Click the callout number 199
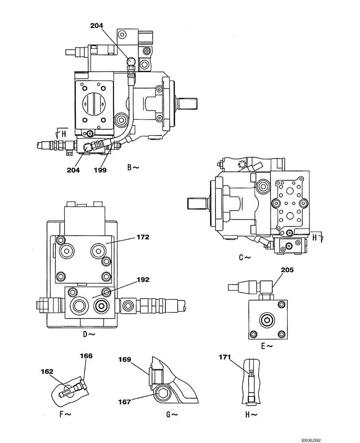pyautogui.click(x=100, y=170)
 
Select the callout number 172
pyautogui.click(x=143, y=237)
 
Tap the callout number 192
pyautogui.click(x=143, y=280)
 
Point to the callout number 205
pyautogui.click(x=287, y=269)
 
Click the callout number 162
pyautogui.click(x=47, y=372)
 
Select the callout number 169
pyautogui.click(x=125, y=360)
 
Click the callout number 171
pyautogui.click(x=226, y=357)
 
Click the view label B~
pyautogui.click(x=133, y=167)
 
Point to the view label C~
pyautogui.click(x=244, y=257)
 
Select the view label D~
pyautogui.click(x=89, y=334)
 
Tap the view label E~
pyautogui.click(x=266, y=346)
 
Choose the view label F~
pyautogui.click(x=65, y=414)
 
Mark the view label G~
pyautogui.click(x=172, y=414)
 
